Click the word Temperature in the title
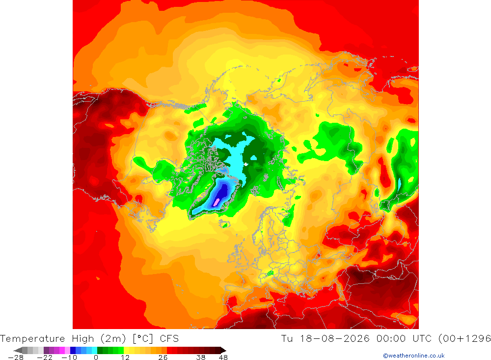click(32, 339)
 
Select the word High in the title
click(83, 339)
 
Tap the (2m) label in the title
click(113, 339)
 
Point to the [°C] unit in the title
click(143, 339)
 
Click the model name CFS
click(169, 339)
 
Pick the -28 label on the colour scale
click(16, 358)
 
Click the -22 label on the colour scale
click(45, 358)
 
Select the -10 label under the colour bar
click(69, 358)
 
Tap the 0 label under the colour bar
click(96, 358)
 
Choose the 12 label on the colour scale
click(125, 358)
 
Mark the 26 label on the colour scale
click(163, 358)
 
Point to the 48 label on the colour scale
click(223, 358)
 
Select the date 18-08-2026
click(334, 339)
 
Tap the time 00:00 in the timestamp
click(391, 339)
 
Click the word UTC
click(422, 339)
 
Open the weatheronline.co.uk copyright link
click(413, 356)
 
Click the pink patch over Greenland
click(216, 202)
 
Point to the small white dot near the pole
click(246, 164)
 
